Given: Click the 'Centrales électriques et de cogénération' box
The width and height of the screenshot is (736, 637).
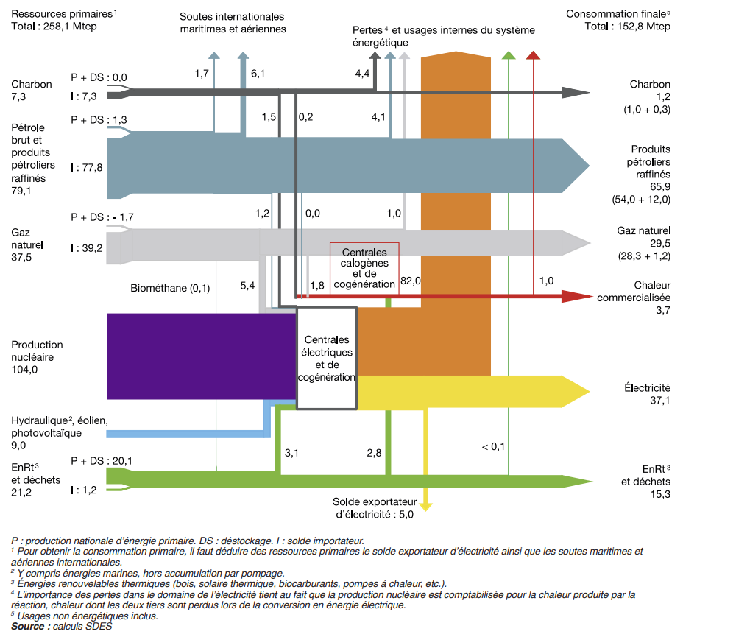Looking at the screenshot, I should click(x=327, y=358).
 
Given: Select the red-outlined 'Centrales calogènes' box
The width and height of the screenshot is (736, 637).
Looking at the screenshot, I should click(x=364, y=268).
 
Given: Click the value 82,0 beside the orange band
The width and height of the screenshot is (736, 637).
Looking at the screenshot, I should click(x=410, y=281).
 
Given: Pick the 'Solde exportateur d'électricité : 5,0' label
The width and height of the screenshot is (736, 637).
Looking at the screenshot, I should click(x=375, y=508).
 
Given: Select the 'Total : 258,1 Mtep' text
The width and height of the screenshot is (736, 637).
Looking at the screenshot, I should click(x=54, y=27).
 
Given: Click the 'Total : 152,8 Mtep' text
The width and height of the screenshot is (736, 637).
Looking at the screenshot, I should click(x=628, y=27).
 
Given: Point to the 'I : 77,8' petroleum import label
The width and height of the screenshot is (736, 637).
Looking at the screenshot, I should click(x=87, y=168).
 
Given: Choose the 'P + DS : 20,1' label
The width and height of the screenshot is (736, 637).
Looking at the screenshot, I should click(x=101, y=461).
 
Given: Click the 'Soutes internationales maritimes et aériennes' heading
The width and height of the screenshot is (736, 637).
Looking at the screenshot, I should click(x=233, y=22).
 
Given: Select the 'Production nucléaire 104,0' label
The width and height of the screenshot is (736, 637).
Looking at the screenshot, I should click(x=37, y=357).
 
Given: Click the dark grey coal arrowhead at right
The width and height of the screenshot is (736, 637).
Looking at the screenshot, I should click(x=576, y=92).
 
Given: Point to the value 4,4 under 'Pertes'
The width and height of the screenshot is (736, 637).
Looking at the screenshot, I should click(x=362, y=74).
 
